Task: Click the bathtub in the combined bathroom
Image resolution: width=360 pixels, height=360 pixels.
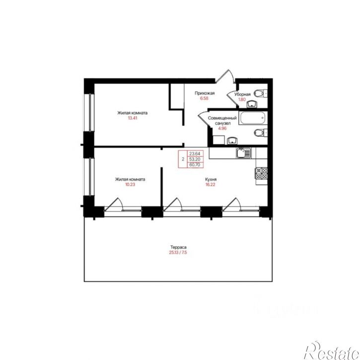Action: pyautogui.click(x=253, y=118)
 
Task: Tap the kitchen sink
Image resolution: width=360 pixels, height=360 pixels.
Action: pyautogui.click(x=244, y=153)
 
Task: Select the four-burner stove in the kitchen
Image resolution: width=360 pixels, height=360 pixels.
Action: pyautogui.click(x=262, y=173)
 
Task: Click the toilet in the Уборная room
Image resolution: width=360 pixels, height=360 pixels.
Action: pyautogui.click(x=260, y=93)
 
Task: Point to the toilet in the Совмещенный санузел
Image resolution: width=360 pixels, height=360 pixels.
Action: pyautogui.click(x=260, y=133)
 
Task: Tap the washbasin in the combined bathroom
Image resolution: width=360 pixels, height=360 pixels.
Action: pyautogui.click(x=232, y=141)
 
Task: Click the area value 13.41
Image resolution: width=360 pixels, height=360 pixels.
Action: pyautogui.click(x=133, y=118)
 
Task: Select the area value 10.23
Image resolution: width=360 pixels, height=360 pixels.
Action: pyautogui.click(x=130, y=184)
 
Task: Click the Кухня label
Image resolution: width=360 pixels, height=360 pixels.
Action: pyautogui.click(x=211, y=179)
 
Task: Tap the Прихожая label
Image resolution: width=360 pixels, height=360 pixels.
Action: pyautogui.click(x=205, y=93)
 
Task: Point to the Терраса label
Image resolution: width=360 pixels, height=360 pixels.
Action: pyautogui.click(x=178, y=247)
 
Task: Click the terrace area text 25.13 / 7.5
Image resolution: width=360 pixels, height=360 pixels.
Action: pyautogui.click(x=178, y=253)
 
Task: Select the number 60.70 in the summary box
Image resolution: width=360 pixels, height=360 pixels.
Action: pyautogui.click(x=195, y=165)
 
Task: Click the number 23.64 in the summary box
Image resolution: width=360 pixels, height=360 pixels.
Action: pyautogui.click(x=195, y=153)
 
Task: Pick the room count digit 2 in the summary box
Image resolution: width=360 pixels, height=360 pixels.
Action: pyautogui.click(x=183, y=159)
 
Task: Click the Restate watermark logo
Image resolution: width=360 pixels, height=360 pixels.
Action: pyautogui.click(x=332, y=351)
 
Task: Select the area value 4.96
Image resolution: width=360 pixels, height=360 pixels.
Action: pyautogui.click(x=222, y=128)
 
